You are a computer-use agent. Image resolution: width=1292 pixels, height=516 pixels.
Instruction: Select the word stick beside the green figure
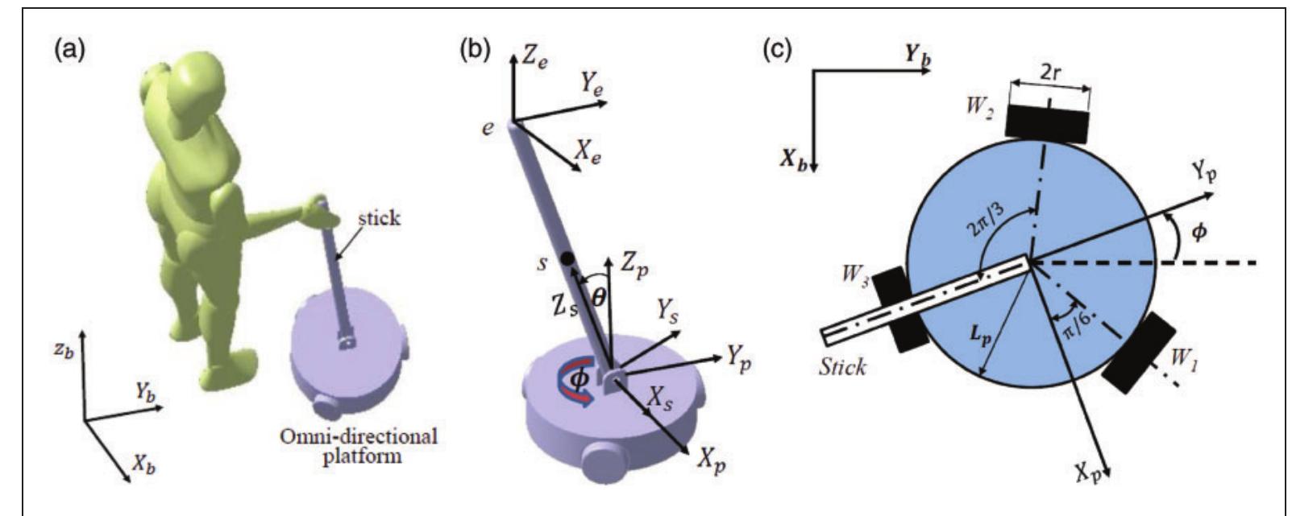(379, 218)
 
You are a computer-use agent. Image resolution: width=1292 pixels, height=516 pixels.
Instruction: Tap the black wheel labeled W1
(1138, 352)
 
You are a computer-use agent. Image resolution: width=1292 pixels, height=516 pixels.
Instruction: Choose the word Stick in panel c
(841, 367)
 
